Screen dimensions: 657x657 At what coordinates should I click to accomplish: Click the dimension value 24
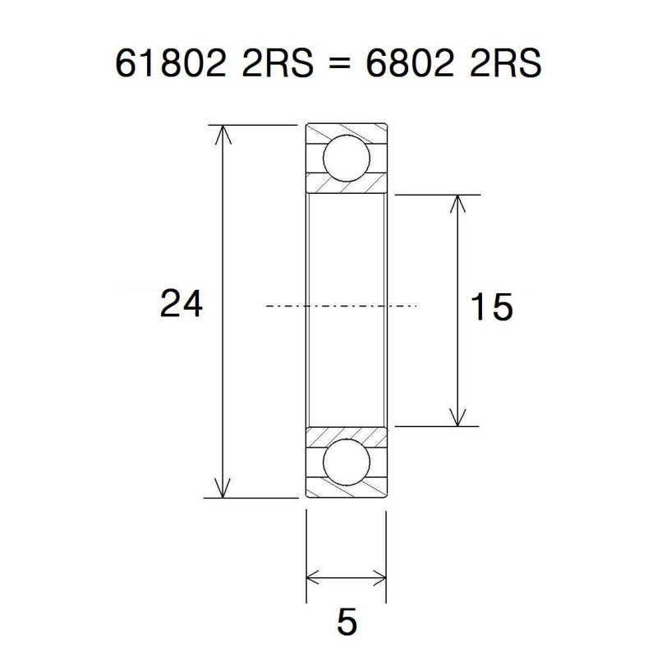click(x=181, y=305)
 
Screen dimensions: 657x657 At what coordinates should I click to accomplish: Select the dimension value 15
click(x=491, y=308)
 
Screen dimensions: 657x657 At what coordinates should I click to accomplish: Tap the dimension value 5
click(x=347, y=623)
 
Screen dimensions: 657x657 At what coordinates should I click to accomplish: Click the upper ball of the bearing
click(x=346, y=159)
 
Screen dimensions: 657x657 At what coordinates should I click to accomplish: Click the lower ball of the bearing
click(x=346, y=464)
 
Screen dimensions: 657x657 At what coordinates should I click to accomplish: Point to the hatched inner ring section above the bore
click(x=346, y=186)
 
